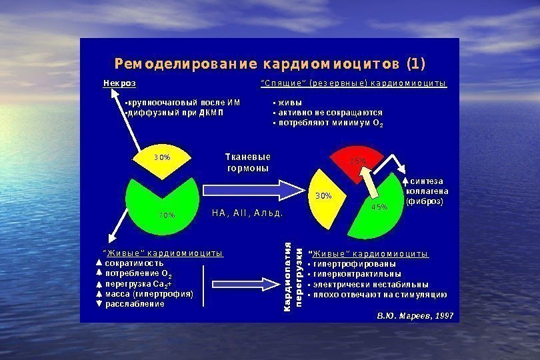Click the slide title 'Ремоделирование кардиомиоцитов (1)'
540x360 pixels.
click(269, 64)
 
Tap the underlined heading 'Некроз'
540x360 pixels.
click(119, 84)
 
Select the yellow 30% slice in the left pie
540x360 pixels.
click(163, 162)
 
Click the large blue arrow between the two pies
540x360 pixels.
click(247, 190)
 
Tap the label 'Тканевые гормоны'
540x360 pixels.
click(248, 163)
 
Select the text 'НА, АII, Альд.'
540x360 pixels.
click(247, 213)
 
